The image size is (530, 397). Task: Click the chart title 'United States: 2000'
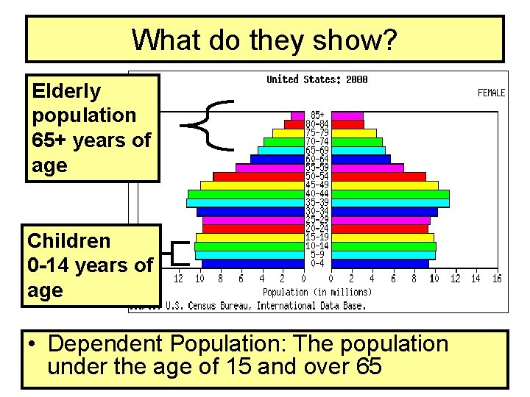click(x=317, y=79)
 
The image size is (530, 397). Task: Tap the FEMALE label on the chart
click(x=491, y=93)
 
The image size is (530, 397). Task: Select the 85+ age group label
click(x=317, y=115)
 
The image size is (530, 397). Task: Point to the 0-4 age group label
click(x=317, y=262)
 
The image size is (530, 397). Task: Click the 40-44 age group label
click(x=317, y=193)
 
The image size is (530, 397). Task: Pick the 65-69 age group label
click(x=317, y=150)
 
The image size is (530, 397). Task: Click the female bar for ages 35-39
click(x=389, y=202)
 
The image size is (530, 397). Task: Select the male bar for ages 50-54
click(x=258, y=176)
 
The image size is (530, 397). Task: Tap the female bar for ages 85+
click(x=347, y=115)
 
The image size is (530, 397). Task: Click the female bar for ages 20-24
click(x=379, y=229)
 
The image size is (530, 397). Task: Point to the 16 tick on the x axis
click(x=497, y=279)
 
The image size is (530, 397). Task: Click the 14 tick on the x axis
click(x=476, y=279)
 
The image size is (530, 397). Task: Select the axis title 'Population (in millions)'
click(x=317, y=292)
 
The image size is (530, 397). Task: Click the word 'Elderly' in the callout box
click(x=67, y=90)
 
